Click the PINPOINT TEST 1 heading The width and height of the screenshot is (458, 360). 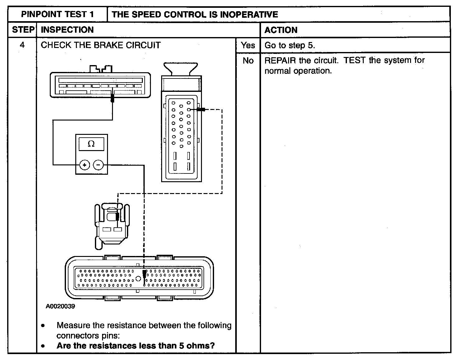(x=57, y=14)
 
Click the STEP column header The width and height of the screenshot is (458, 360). (x=23, y=30)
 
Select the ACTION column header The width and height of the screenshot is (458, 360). (x=281, y=30)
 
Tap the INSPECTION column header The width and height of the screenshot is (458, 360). (x=67, y=30)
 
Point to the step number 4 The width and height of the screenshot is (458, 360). (x=22, y=45)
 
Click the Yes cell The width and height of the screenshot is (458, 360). (x=248, y=45)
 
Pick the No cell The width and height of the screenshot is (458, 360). (x=248, y=61)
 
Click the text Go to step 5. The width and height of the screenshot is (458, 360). (x=290, y=45)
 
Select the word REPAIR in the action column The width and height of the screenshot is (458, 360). (x=280, y=60)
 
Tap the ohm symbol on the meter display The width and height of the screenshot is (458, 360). (x=91, y=144)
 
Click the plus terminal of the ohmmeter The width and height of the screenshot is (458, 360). (x=84, y=165)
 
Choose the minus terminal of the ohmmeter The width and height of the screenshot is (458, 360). (x=98, y=165)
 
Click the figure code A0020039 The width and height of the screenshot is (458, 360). (x=60, y=306)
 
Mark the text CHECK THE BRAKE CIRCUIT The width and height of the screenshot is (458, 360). (x=101, y=45)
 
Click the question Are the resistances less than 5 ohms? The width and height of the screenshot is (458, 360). (x=136, y=346)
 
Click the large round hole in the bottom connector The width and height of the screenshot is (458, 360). (x=138, y=278)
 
